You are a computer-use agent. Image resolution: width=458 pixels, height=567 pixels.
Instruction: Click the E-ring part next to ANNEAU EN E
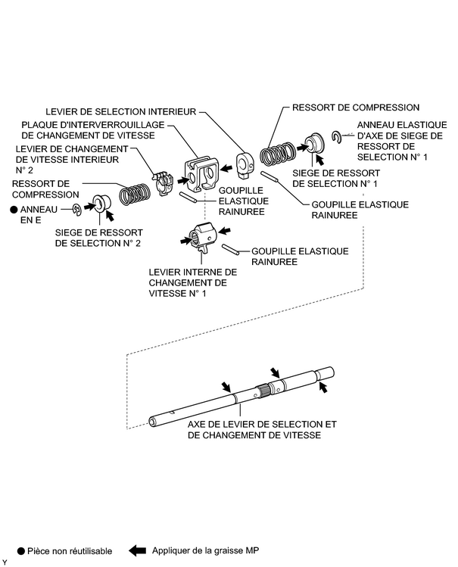[x=77, y=210]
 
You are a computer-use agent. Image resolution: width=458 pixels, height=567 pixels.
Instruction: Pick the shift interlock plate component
[x=201, y=173]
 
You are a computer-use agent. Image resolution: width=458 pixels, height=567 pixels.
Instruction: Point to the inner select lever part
[x=245, y=164]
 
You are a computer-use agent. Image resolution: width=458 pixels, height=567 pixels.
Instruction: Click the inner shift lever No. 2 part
[x=163, y=183]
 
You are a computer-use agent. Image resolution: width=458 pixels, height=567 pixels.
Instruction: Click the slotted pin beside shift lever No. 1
[x=230, y=250]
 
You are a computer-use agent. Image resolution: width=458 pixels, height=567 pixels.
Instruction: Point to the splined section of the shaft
[x=263, y=391]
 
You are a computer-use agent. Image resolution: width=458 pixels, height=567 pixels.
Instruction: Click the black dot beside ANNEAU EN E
[x=14, y=210]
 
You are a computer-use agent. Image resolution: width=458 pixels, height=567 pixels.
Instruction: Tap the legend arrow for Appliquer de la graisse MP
[x=137, y=551]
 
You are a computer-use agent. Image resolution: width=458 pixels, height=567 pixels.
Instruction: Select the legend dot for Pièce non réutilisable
[x=21, y=551]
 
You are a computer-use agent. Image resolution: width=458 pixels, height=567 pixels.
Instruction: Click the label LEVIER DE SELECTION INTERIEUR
[x=120, y=112]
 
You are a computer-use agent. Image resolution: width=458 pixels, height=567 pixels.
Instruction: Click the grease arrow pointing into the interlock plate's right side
[x=226, y=168]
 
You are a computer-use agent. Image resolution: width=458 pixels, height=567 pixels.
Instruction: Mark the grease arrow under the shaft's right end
[x=323, y=388]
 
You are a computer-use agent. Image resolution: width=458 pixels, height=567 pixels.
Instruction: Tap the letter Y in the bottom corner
[x=5, y=562]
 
